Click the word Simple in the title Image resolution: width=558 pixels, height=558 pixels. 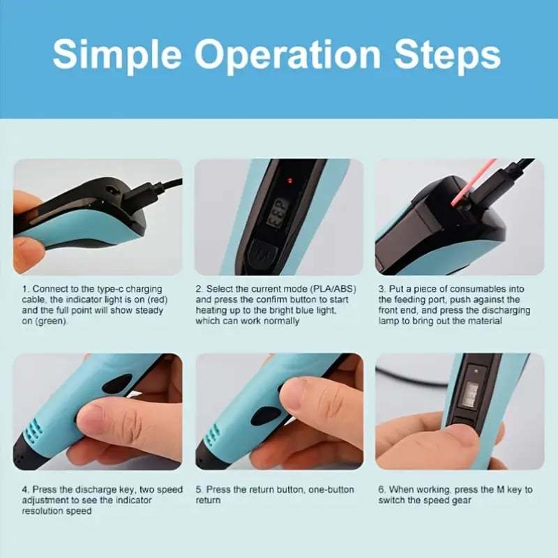[117, 56]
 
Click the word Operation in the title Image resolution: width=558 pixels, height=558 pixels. [287, 56]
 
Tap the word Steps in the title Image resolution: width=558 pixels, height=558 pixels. [447, 54]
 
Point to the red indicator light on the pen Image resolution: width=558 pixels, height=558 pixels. [290, 181]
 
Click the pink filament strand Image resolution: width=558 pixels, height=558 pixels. [474, 182]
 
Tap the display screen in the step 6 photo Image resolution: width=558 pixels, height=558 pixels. [472, 393]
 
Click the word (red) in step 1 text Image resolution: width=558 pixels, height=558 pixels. [157, 300]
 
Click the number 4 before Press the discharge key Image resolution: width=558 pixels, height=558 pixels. [24, 490]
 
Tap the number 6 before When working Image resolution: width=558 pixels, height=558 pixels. [381, 490]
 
